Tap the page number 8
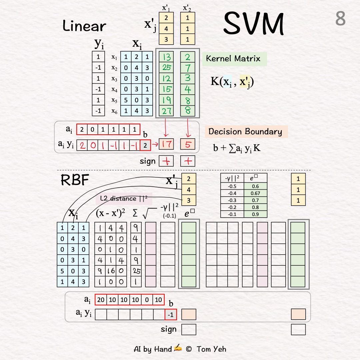pyautogui.click(x=340, y=19)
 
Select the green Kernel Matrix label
pyautogui.click(x=233, y=59)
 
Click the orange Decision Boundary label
pyautogui.click(x=245, y=131)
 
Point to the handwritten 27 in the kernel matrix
pyautogui.click(x=166, y=110)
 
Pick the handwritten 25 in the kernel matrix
pyautogui.click(x=166, y=68)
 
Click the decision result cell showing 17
pyautogui.click(x=166, y=144)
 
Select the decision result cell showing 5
pyautogui.click(x=188, y=144)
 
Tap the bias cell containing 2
pyautogui.click(x=145, y=145)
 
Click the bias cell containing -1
pyautogui.click(x=171, y=314)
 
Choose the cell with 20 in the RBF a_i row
pyautogui.click(x=101, y=300)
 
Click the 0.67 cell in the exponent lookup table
pyautogui.click(x=255, y=193)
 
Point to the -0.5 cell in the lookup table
pyautogui.click(x=232, y=186)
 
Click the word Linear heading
pyautogui.click(x=84, y=26)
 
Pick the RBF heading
pyautogui.click(x=75, y=180)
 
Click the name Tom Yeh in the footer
pyautogui.click(x=211, y=349)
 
